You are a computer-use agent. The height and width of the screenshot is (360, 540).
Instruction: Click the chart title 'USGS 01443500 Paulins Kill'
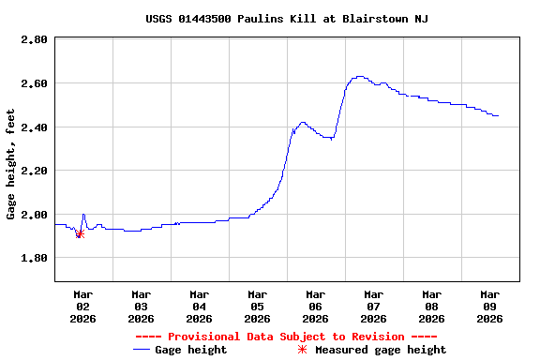click(287, 19)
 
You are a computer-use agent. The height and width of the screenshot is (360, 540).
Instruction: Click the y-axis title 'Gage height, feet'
click(11, 164)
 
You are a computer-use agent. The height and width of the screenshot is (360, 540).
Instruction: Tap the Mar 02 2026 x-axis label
click(82, 306)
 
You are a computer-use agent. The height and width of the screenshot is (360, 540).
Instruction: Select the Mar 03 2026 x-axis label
click(141, 306)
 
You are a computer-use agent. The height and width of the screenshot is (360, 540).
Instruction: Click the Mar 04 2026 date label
click(199, 306)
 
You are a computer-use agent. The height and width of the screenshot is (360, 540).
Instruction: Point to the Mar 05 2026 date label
click(257, 306)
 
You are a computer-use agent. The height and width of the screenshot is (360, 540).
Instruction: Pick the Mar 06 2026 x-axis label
click(315, 306)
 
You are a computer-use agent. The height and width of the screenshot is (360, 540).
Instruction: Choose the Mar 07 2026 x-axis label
click(373, 306)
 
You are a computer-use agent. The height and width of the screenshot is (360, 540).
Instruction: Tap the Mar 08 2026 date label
click(431, 306)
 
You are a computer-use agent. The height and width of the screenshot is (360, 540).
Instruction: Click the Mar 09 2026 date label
click(489, 306)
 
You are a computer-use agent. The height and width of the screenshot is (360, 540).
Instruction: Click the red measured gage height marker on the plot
click(80, 233)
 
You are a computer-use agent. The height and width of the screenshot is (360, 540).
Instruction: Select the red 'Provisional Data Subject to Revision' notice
click(286, 337)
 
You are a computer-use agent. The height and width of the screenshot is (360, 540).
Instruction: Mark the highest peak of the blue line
click(359, 77)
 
